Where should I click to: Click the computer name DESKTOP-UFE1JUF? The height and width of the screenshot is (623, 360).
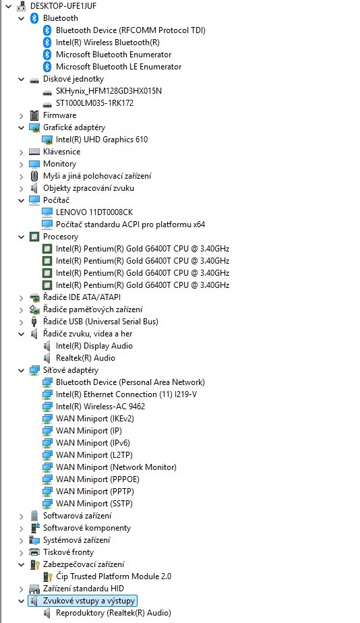pos(63,6)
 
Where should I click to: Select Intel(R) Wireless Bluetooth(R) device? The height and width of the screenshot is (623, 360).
pos(108,42)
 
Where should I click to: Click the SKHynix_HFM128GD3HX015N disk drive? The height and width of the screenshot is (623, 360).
pos(109,91)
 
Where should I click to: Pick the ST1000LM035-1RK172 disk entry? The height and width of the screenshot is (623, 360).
pos(94,103)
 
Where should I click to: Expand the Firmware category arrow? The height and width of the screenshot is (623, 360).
pos(21,115)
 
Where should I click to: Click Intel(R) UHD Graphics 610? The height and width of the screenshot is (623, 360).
pos(102,140)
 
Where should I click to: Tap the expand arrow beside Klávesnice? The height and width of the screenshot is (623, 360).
pos(21,152)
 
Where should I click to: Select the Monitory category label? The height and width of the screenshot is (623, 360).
pos(59,164)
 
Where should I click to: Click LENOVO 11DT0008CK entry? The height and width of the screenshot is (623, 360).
pos(94,212)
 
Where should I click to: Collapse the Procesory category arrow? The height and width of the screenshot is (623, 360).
pos(21,237)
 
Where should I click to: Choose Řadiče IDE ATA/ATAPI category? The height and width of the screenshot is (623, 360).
pos(82,297)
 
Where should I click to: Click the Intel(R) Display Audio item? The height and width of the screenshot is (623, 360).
pos(94,346)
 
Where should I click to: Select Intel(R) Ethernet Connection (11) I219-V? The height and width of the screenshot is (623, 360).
pos(126,394)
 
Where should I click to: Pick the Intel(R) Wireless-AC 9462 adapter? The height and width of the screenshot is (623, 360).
pos(100,407)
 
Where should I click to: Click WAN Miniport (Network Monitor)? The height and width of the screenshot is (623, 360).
pos(116,467)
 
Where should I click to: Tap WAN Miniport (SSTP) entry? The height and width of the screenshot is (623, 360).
pos(94,504)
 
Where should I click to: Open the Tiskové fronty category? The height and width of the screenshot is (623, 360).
pos(68,552)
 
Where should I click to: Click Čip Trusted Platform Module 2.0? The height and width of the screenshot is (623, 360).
pos(114,576)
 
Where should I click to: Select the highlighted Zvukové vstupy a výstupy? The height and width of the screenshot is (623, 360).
pos(89,601)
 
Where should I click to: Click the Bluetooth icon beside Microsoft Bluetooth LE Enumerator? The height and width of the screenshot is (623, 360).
pos(47,66)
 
